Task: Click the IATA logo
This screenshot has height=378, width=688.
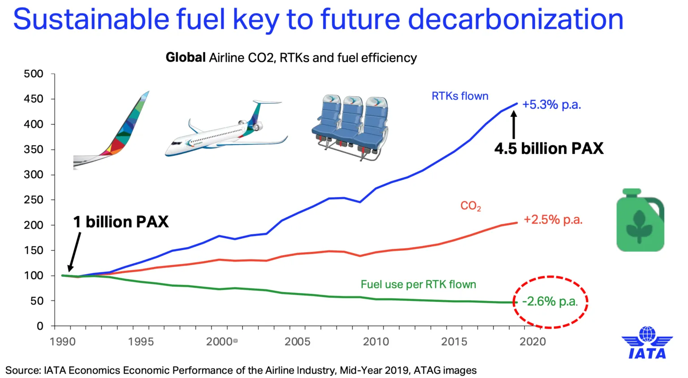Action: (647, 343)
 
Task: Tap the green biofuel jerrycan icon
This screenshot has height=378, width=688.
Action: (640, 220)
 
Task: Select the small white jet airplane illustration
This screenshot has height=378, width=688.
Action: (226, 130)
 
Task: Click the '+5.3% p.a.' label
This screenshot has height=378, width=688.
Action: (551, 105)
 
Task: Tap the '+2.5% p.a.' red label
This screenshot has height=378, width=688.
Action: (553, 220)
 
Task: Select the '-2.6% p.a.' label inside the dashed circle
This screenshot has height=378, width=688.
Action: (550, 301)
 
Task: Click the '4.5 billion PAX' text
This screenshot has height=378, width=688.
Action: (549, 149)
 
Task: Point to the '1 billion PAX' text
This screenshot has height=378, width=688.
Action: (121, 222)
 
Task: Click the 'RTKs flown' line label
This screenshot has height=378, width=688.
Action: (460, 96)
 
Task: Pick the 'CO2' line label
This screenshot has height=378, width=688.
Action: (470, 206)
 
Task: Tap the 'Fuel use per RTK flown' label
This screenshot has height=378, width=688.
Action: (418, 285)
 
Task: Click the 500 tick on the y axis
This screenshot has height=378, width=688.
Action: (34, 74)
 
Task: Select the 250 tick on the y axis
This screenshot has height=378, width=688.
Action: (34, 200)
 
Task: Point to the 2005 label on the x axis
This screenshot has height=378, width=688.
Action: (297, 342)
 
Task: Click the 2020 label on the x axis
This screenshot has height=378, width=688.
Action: (532, 342)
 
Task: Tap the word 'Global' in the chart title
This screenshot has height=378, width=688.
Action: (185, 58)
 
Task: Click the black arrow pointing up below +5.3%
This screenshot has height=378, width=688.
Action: (514, 125)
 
